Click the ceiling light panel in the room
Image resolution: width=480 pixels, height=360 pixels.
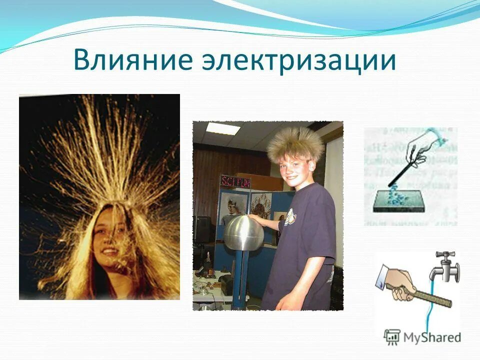[220, 128]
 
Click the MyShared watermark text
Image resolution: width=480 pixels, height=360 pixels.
[432, 337]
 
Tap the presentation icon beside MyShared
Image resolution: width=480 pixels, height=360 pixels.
[392, 337]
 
